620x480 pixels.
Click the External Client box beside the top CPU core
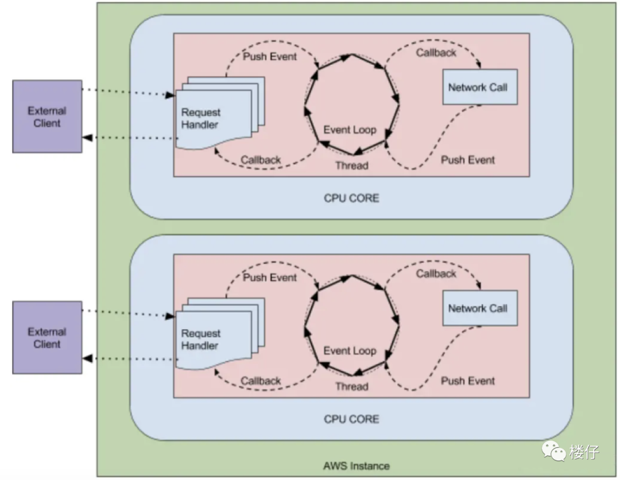click(47, 116)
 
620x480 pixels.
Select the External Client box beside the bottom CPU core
click(47, 338)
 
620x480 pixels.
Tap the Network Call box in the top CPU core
click(479, 87)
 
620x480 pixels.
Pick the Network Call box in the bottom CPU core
click(479, 308)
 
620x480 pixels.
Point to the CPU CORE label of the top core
click(351, 198)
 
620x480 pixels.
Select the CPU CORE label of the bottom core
click(351, 419)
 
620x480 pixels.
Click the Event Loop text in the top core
click(350, 130)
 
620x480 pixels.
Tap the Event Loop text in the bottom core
click(350, 350)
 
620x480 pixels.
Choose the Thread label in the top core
click(351, 166)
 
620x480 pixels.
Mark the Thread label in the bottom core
click(351, 387)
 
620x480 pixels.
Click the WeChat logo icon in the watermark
click(555, 451)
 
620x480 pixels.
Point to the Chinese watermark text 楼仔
click(584, 452)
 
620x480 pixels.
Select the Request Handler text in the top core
click(200, 119)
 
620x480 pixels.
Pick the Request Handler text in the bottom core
click(200, 339)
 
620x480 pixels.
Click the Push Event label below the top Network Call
click(468, 160)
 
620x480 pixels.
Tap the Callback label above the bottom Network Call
click(436, 274)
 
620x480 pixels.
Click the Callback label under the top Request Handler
click(261, 160)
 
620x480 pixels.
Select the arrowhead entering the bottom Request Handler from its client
click(170, 316)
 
